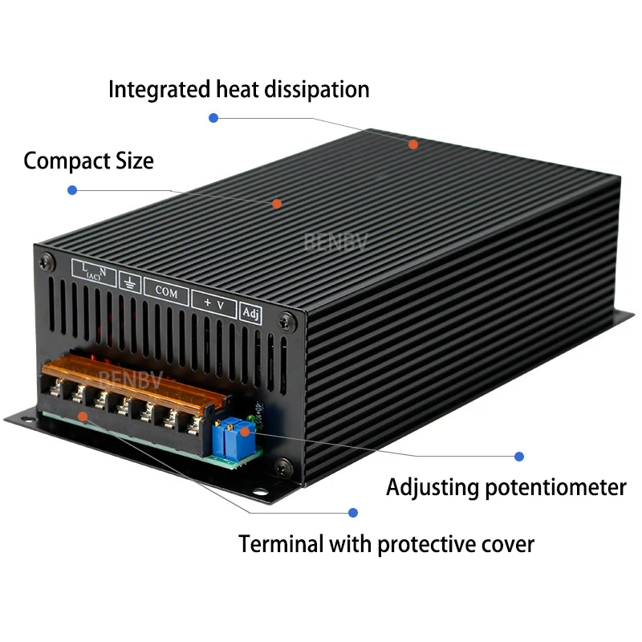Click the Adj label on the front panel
[250, 313]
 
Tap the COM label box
[166, 292]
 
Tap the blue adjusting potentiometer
[230, 437]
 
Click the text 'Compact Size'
[88, 160]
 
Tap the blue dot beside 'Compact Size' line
[72, 190]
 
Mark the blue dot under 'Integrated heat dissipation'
[213, 118]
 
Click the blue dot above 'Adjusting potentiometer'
[519, 456]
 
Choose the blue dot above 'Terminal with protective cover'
[352, 512]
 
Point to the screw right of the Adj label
[283, 322]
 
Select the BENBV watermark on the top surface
[335, 242]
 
